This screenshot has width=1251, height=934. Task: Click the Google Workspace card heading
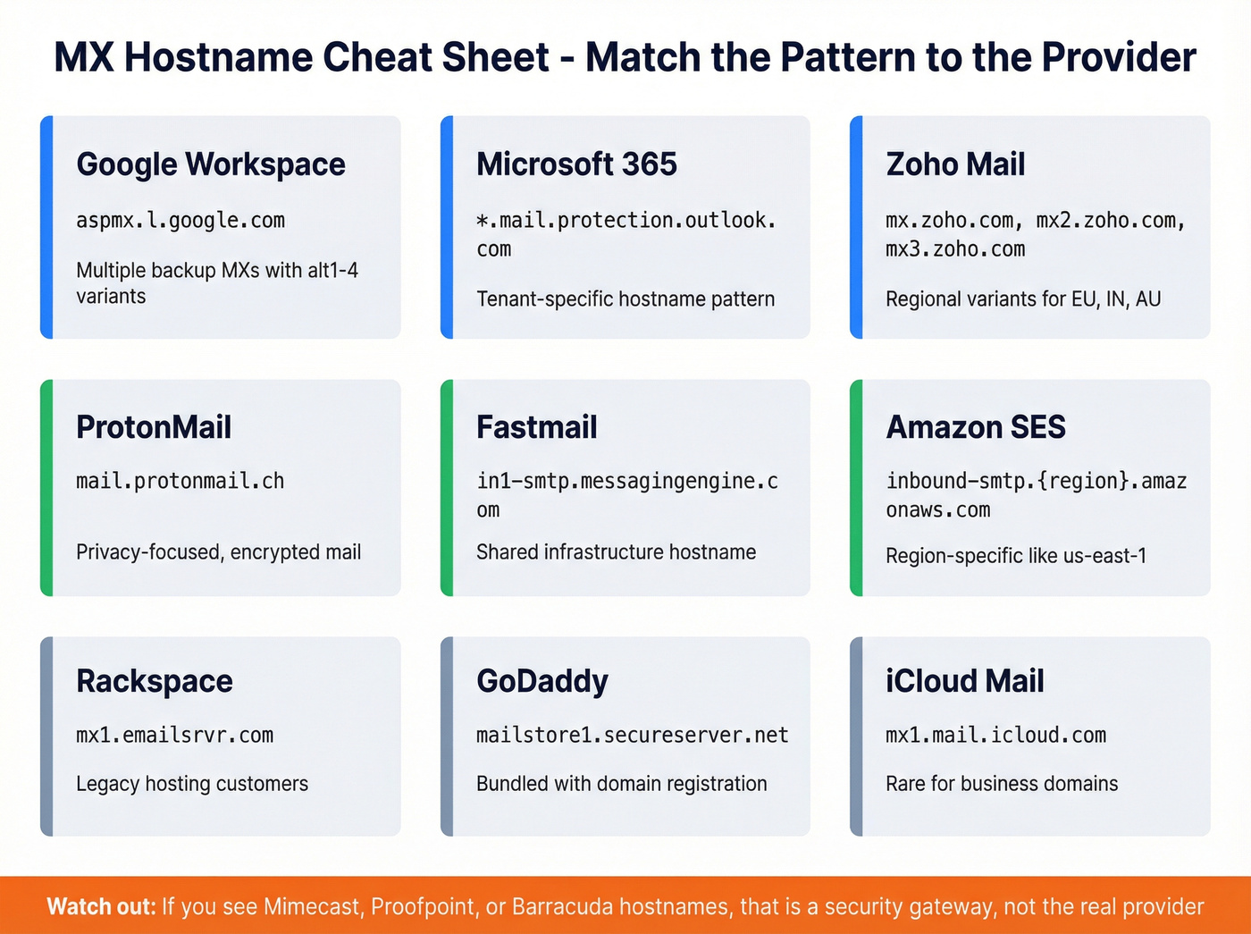pos(211,164)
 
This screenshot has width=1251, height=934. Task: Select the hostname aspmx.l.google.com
pos(181,220)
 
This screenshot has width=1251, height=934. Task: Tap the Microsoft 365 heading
pos(576,164)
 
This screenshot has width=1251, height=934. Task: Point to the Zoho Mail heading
pos(955,164)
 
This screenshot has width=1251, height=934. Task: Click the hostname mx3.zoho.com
pos(955,249)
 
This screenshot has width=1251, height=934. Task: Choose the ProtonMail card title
pos(154,427)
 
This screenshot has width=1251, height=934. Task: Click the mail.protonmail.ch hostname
pos(181,481)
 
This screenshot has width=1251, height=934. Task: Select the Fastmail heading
pos(536,427)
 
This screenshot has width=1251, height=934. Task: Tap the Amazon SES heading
pos(976,427)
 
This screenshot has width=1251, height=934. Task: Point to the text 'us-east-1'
pos(1104,556)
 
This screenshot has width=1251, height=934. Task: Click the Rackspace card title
pos(155,681)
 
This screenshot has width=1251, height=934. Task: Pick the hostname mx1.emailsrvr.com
pos(175,736)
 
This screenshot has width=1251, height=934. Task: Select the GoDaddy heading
pos(542,681)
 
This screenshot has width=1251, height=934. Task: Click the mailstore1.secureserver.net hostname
pos(633,736)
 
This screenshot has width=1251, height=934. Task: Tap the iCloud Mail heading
pos(965,681)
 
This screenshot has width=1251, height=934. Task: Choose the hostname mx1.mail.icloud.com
pos(996,736)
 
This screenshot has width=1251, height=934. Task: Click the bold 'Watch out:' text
pos(101,907)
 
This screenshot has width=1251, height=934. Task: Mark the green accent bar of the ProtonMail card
pos(47,488)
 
